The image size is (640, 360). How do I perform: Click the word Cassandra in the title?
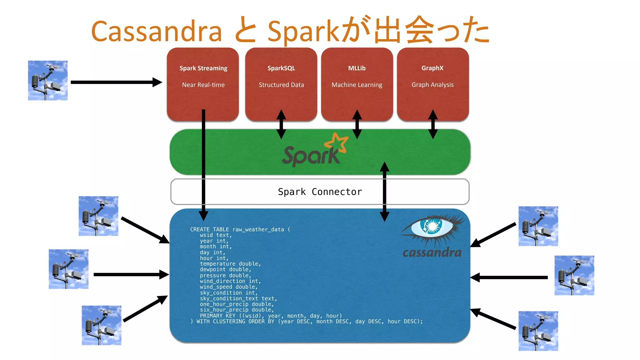click(x=156, y=31)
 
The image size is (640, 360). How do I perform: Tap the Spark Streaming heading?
click(x=203, y=68)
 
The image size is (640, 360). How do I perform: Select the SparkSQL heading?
click(x=281, y=68)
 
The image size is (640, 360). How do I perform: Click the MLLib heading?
click(x=357, y=68)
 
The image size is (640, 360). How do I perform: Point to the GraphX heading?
click(x=432, y=68)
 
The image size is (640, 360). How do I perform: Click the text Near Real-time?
click(x=203, y=85)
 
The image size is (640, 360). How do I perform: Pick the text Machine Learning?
click(x=357, y=85)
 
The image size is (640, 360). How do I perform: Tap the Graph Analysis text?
click(x=432, y=85)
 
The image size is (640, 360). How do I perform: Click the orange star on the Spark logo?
click(x=337, y=143)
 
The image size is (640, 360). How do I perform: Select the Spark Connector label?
click(x=320, y=192)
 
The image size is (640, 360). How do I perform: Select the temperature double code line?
click(x=230, y=264)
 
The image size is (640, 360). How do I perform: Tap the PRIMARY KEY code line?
click(x=271, y=316)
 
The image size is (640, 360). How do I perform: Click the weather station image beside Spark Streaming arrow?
click(x=48, y=80)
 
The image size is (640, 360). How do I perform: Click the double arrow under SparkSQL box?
click(x=281, y=124)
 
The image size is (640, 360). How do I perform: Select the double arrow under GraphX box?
click(x=433, y=124)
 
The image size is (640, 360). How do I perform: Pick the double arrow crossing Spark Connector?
click(x=384, y=192)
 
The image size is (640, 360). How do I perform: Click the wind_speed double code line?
click(x=229, y=287)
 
